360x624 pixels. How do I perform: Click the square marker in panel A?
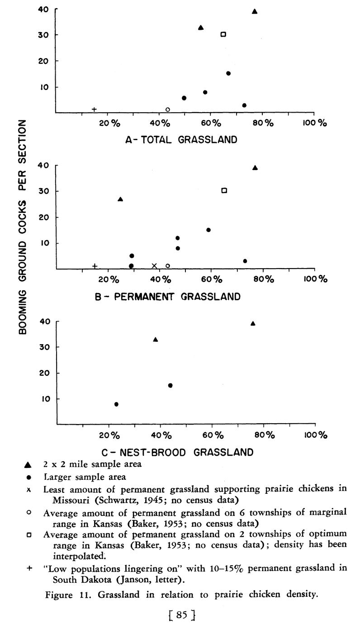click(223, 34)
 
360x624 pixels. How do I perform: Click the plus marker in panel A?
click(94, 109)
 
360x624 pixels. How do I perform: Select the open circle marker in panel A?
click(168, 109)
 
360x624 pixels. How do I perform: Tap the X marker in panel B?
click(154, 266)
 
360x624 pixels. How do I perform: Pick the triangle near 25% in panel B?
click(120, 199)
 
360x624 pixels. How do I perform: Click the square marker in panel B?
click(224, 190)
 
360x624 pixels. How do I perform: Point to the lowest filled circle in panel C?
click(116, 404)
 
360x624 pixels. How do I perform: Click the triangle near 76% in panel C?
click(253, 323)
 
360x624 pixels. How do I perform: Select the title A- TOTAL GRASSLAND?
click(181, 140)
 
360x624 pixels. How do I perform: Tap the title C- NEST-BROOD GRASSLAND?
click(176, 452)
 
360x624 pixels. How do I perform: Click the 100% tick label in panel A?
click(315, 123)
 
